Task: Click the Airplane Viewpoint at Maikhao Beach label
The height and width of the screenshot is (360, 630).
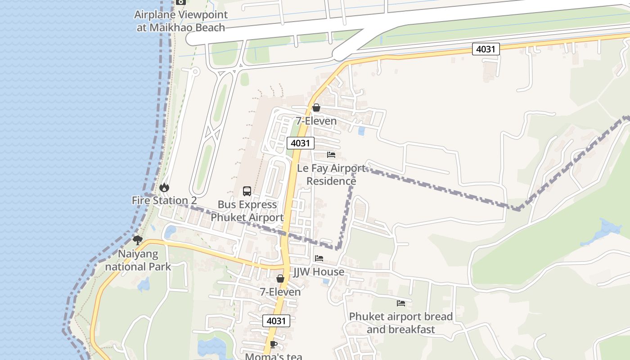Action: tap(180, 21)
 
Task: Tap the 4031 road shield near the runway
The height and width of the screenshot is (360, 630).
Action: tap(486, 49)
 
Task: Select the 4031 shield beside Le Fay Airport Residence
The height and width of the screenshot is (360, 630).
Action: tap(300, 143)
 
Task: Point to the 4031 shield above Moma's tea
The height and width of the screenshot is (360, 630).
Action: tap(276, 321)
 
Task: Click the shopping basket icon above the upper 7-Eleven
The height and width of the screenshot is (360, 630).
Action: tap(316, 108)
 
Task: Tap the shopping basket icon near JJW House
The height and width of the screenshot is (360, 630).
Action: tap(280, 279)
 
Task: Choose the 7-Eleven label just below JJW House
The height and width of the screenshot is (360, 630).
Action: tap(280, 292)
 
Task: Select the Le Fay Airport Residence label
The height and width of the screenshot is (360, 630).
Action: tap(332, 175)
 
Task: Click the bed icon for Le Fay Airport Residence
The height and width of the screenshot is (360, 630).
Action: tap(331, 155)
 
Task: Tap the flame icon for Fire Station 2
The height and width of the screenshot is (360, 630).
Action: tap(164, 187)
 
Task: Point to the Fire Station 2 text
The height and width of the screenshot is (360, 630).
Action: tap(164, 201)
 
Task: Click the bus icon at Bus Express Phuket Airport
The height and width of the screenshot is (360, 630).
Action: tap(247, 191)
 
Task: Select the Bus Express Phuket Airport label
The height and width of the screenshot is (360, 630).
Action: tap(247, 211)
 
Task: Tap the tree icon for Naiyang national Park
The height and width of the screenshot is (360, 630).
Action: tap(138, 240)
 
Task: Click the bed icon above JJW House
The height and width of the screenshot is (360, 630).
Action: tap(319, 258)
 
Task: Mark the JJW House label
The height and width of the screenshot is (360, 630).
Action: tap(319, 272)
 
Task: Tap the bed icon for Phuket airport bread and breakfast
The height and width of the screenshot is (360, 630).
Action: tap(401, 303)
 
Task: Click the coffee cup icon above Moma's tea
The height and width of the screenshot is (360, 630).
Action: tap(273, 344)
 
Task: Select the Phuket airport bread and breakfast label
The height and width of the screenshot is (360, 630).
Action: tap(401, 323)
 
